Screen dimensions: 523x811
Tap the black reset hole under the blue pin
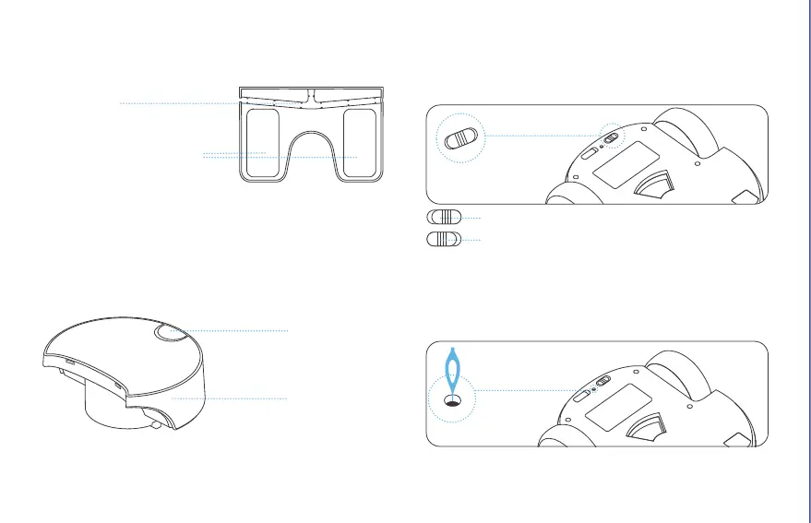coord(452,400)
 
